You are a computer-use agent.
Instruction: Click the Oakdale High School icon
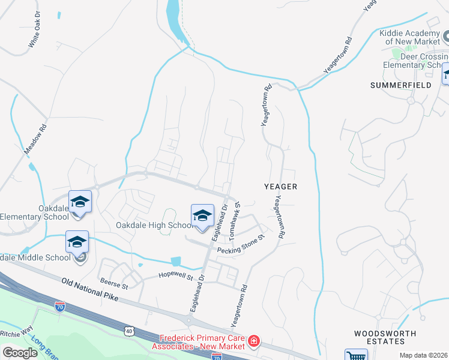click(203, 216)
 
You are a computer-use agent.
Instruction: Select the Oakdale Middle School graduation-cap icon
click(77, 242)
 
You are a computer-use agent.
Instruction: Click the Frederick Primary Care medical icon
click(254, 341)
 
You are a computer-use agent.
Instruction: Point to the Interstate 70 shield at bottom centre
click(217, 356)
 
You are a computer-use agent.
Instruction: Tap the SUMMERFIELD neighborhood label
click(400, 86)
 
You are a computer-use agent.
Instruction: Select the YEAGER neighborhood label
click(281, 187)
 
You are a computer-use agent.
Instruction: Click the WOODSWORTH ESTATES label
click(379, 337)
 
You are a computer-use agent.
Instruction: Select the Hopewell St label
click(175, 277)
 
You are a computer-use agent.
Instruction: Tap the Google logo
click(20, 352)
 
